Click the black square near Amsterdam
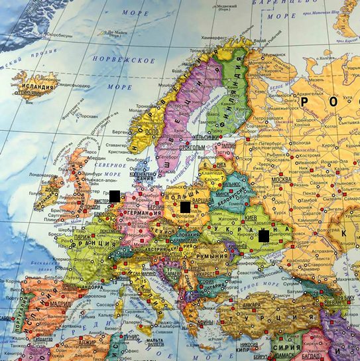tap(115, 196)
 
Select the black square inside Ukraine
tap(264, 235)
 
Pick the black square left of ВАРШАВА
tap(185, 208)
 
